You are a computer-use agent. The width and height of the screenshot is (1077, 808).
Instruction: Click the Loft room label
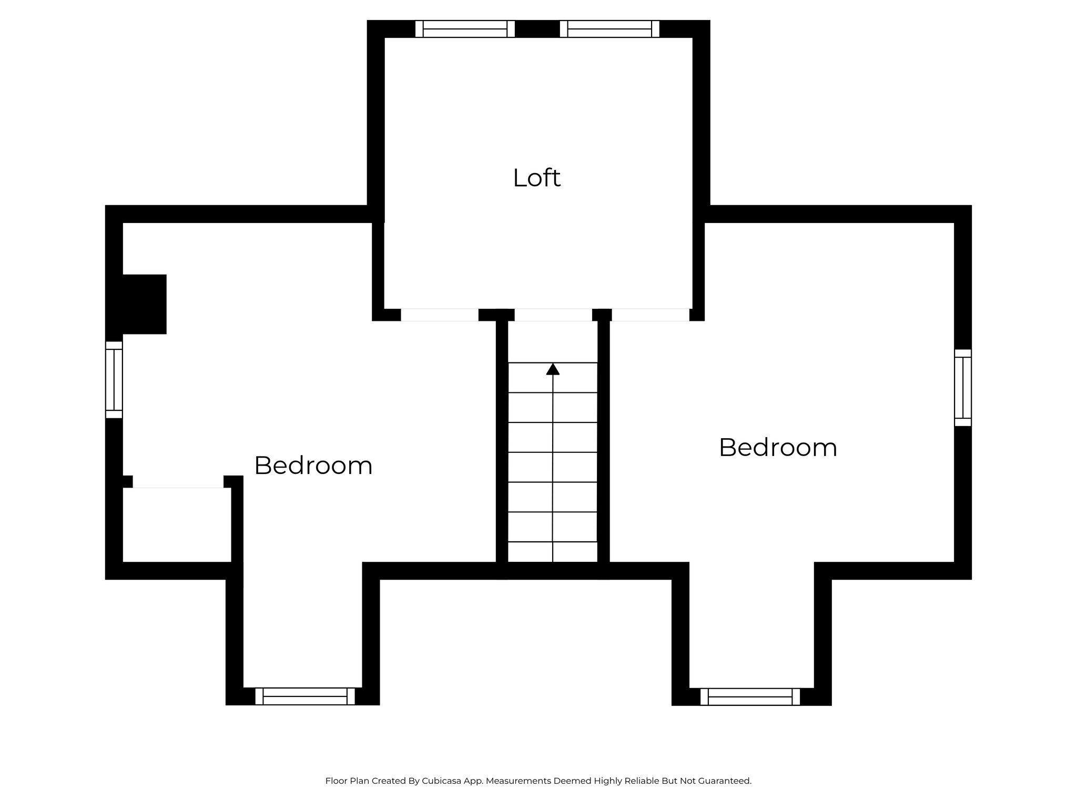(x=536, y=178)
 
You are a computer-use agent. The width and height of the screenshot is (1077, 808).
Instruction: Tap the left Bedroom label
(x=313, y=466)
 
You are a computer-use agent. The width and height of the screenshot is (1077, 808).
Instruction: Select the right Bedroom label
(x=778, y=448)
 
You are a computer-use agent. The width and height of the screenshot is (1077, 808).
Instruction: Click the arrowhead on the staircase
(x=553, y=369)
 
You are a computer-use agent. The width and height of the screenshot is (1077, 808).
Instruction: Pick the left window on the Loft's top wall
(x=465, y=29)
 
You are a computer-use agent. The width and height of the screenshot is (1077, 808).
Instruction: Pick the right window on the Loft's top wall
(x=609, y=29)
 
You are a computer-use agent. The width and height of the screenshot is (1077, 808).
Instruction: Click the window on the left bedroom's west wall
(x=114, y=380)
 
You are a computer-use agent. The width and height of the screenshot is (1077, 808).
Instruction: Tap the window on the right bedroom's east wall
(x=963, y=388)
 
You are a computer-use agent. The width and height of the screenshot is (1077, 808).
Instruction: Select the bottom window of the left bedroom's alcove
(x=305, y=696)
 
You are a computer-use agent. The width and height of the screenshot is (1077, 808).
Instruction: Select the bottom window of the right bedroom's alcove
(x=750, y=697)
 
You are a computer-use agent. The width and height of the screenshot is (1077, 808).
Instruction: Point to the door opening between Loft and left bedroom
(x=440, y=315)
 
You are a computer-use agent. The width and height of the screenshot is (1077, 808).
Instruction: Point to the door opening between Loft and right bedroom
(x=651, y=315)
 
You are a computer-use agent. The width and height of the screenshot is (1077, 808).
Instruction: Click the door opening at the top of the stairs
(x=553, y=315)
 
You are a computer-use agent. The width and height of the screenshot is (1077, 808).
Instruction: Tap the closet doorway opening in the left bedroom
(x=178, y=482)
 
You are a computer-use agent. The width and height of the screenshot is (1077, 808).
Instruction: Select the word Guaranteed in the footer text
(x=724, y=781)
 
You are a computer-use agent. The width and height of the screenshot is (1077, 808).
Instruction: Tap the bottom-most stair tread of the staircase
(x=553, y=552)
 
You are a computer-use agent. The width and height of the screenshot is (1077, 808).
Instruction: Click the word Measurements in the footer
(x=519, y=781)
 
